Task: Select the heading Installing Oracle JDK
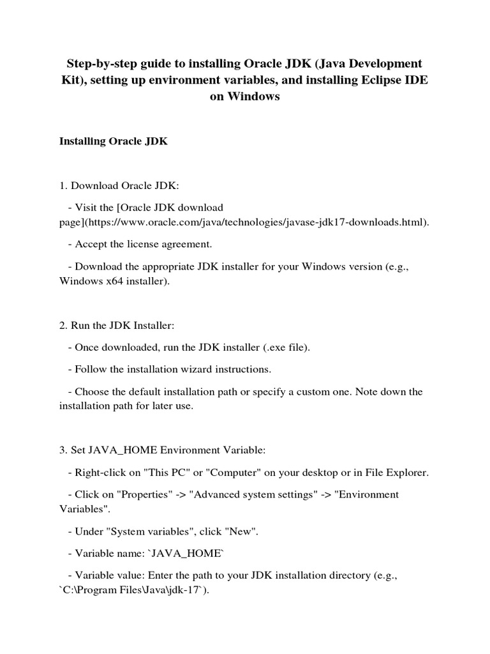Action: click(x=113, y=141)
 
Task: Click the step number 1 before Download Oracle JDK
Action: click(x=63, y=186)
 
